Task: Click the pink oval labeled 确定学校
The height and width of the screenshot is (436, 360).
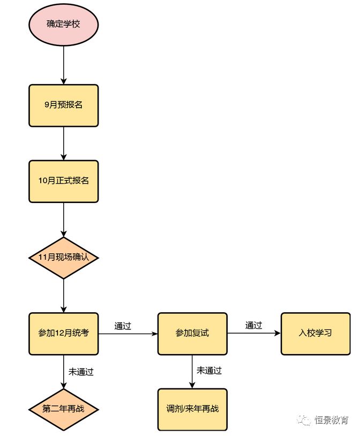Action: (x=63, y=25)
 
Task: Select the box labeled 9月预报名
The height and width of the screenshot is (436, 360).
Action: (x=63, y=106)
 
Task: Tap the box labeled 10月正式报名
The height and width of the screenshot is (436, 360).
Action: (x=63, y=181)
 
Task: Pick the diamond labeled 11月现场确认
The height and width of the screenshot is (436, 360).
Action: (x=63, y=258)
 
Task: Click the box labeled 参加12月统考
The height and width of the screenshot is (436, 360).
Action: (x=63, y=334)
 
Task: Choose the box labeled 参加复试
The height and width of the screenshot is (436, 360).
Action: (x=192, y=334)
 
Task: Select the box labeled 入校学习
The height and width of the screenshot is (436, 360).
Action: (x=315, y=334)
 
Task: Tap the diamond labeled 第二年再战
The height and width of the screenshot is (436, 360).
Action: (x=63, y=409)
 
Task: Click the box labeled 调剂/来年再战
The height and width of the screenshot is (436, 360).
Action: (x=192, y=409)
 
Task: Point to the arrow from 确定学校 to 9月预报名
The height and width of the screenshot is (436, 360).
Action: (x=63, y=65)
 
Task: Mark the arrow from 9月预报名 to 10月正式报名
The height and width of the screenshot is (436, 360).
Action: (x=63, y=143)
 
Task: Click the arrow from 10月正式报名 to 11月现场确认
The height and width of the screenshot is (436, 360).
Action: (x=63, y=220)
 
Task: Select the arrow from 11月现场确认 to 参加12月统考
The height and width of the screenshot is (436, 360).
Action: (x=63, y=295)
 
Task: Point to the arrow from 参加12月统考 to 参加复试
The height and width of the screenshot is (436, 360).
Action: (x=128, y=334)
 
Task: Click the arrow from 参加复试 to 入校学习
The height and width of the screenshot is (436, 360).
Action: (x=254, y=334)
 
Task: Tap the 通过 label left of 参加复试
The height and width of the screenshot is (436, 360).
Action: (x=123, y=326)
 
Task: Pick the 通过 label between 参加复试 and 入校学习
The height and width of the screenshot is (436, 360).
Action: (x=253, y=325)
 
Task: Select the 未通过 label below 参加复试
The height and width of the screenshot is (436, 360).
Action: (x=209, y=371)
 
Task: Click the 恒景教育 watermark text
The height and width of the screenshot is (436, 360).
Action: (x=332, y=420)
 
